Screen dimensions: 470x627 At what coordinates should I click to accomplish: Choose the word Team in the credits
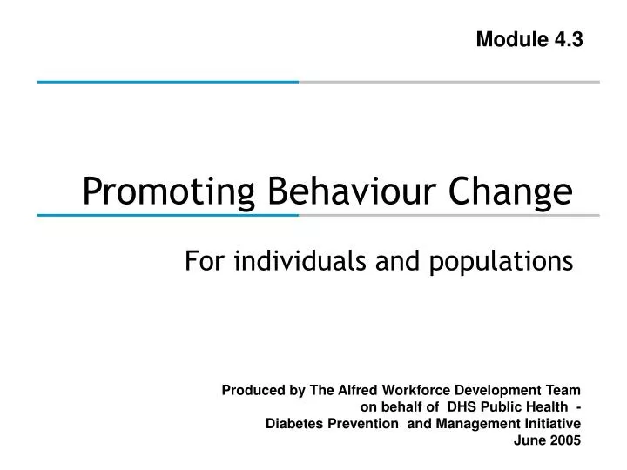tap(563, 391)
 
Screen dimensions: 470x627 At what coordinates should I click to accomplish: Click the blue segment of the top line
tap(165, 81)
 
